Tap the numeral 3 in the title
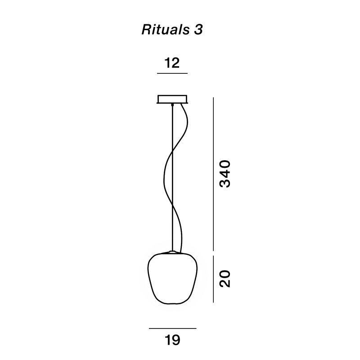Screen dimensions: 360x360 pyautogui.click(x=198, y=30)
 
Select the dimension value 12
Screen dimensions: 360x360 pyautogui.click(x=172, y=63)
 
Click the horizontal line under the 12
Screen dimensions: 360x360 pyautogui.click(x=172, y=73)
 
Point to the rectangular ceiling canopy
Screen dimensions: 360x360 pyautogui.click(x=172, y=99)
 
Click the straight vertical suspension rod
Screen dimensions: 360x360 pyautogui.click(x=172, y=135)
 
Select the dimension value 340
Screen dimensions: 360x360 pyautogui.click(x=225, y=173)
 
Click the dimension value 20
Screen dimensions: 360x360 pyautogui.click(x=225, y=279)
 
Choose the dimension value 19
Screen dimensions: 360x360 pyautogui.click(x=172, y=340)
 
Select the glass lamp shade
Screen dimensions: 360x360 pyautogui.click(x=172, y=279)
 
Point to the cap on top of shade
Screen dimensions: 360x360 pyautogui.click(x=172, y=251)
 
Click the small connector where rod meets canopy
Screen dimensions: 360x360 pyautogui.click(x=172, y=105)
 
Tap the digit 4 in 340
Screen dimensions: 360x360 pyautogui.click(x=225, y=174)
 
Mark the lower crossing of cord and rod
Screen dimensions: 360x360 pyautogui.click(x=172, y=202)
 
